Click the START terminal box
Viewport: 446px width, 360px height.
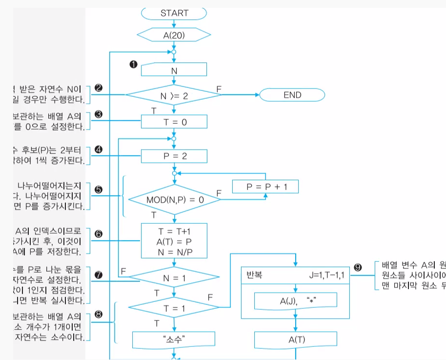pyautogui.click(x=174, y=13)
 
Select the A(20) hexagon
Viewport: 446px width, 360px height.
pyautogui.click(x=174, y=35)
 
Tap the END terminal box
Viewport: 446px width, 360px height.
pyautogui.click(x=292, y=95)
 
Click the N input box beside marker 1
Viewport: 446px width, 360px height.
pyautogui.click(x=174, y=70)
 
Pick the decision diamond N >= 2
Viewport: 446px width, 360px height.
pyautogui.click(x=174, y=96)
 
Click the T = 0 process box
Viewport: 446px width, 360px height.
pyautogui.click(x=174, y=122)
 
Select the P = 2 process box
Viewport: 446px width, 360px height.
pyautogui.click(x=174, y=156)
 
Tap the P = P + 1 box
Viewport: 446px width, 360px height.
pyautogui.click(x=265, y=186)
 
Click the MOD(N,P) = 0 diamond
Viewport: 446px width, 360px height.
pyautogui.click(x=175, y=200)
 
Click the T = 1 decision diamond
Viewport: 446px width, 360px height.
pyautogui.click(x=174, y=309)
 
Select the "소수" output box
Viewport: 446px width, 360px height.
pyautogui.click(x=174, y=339)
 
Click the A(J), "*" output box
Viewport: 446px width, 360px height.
pyautogui.click(x=296, y=300)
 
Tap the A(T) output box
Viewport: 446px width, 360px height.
pyautogui.click(x=296, y=339)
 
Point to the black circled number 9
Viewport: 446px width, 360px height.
pyautogui.click(x=358, y=267)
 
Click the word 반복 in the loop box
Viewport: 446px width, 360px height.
pyautogui.click(x=255, y=275)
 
